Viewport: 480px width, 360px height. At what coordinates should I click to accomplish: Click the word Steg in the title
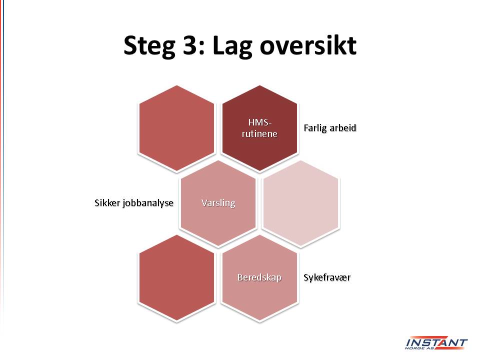pos(149,46)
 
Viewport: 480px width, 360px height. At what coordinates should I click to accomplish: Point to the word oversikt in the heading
pos(308,45)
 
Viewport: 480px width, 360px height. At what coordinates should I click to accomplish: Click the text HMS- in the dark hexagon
pos(260,123)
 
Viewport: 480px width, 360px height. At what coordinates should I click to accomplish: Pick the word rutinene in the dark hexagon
pos(259,134)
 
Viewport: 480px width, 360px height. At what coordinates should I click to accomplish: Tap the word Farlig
pos(315,128)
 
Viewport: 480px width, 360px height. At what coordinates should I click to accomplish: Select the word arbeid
pos(343,127)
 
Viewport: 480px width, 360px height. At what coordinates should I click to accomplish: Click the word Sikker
pos(107,202)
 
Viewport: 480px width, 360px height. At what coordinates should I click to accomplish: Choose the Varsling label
pos(218,203)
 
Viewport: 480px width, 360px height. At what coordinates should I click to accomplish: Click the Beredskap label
pos(259,277)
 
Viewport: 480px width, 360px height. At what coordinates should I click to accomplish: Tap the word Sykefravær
pos(327,277)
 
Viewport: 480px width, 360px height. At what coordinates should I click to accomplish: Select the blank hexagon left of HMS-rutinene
pos(176,128)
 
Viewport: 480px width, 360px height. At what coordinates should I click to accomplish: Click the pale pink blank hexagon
pos(301,203)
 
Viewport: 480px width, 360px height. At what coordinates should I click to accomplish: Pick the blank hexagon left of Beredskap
pos(176,278)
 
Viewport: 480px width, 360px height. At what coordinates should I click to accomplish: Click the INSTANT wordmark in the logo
pos(436,342)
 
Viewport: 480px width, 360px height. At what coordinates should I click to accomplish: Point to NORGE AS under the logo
pos(419,348)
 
